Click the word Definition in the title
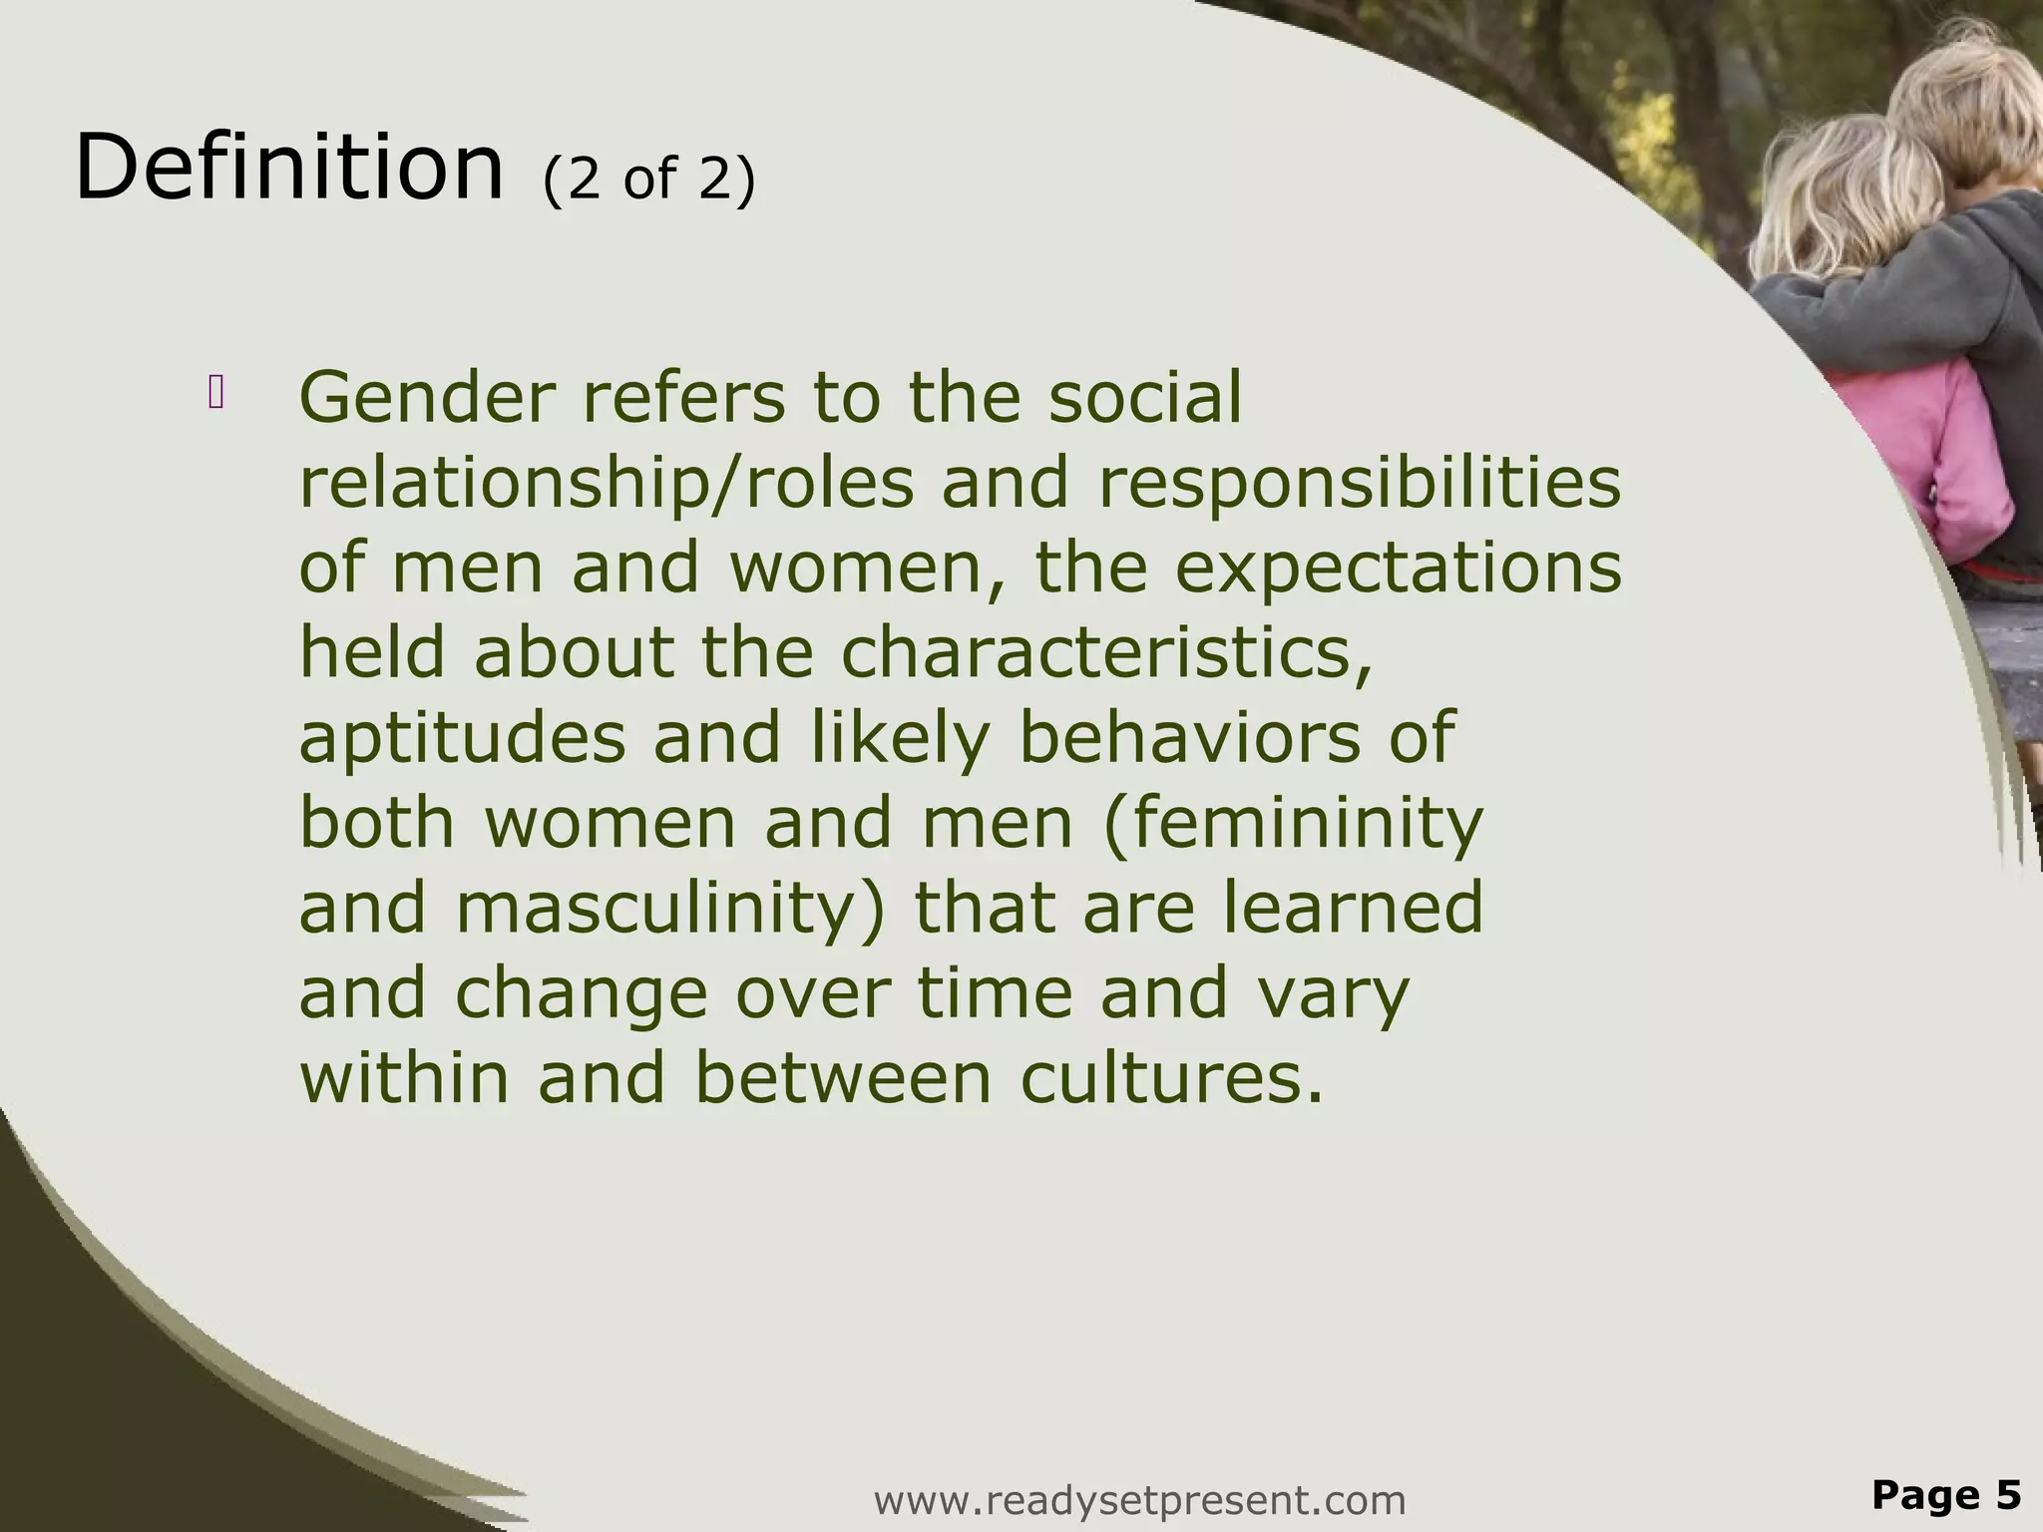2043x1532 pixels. tap(289, 168)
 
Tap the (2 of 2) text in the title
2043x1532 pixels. tap(649, 180)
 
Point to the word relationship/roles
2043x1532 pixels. tap(607, 484)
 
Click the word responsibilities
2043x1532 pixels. tap(1360, 484)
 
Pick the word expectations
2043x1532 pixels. tap(1398, 570)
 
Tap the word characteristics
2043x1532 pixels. tap(1106, 654)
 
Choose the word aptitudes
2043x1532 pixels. tap(462, 739)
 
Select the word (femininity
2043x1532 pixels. tap(1293, 825)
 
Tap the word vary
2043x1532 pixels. tap(1335, 994)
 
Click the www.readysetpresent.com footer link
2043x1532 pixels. tap(1139, 1499)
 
